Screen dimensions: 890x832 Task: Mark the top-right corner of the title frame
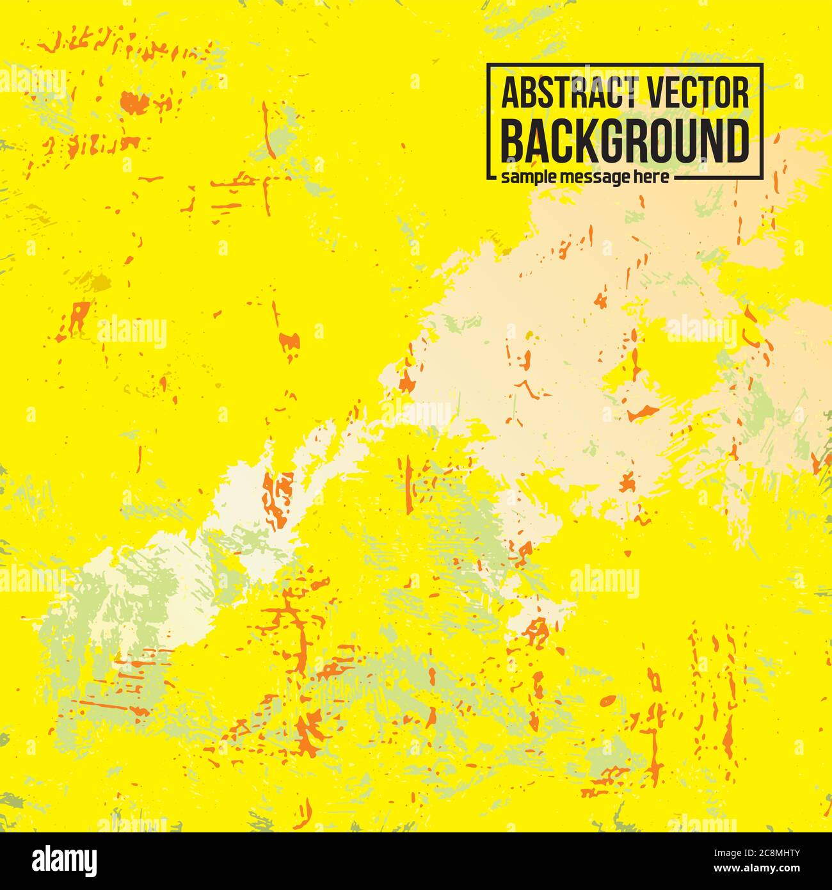coord(763,65)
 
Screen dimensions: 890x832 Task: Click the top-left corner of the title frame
coord(488,65)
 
